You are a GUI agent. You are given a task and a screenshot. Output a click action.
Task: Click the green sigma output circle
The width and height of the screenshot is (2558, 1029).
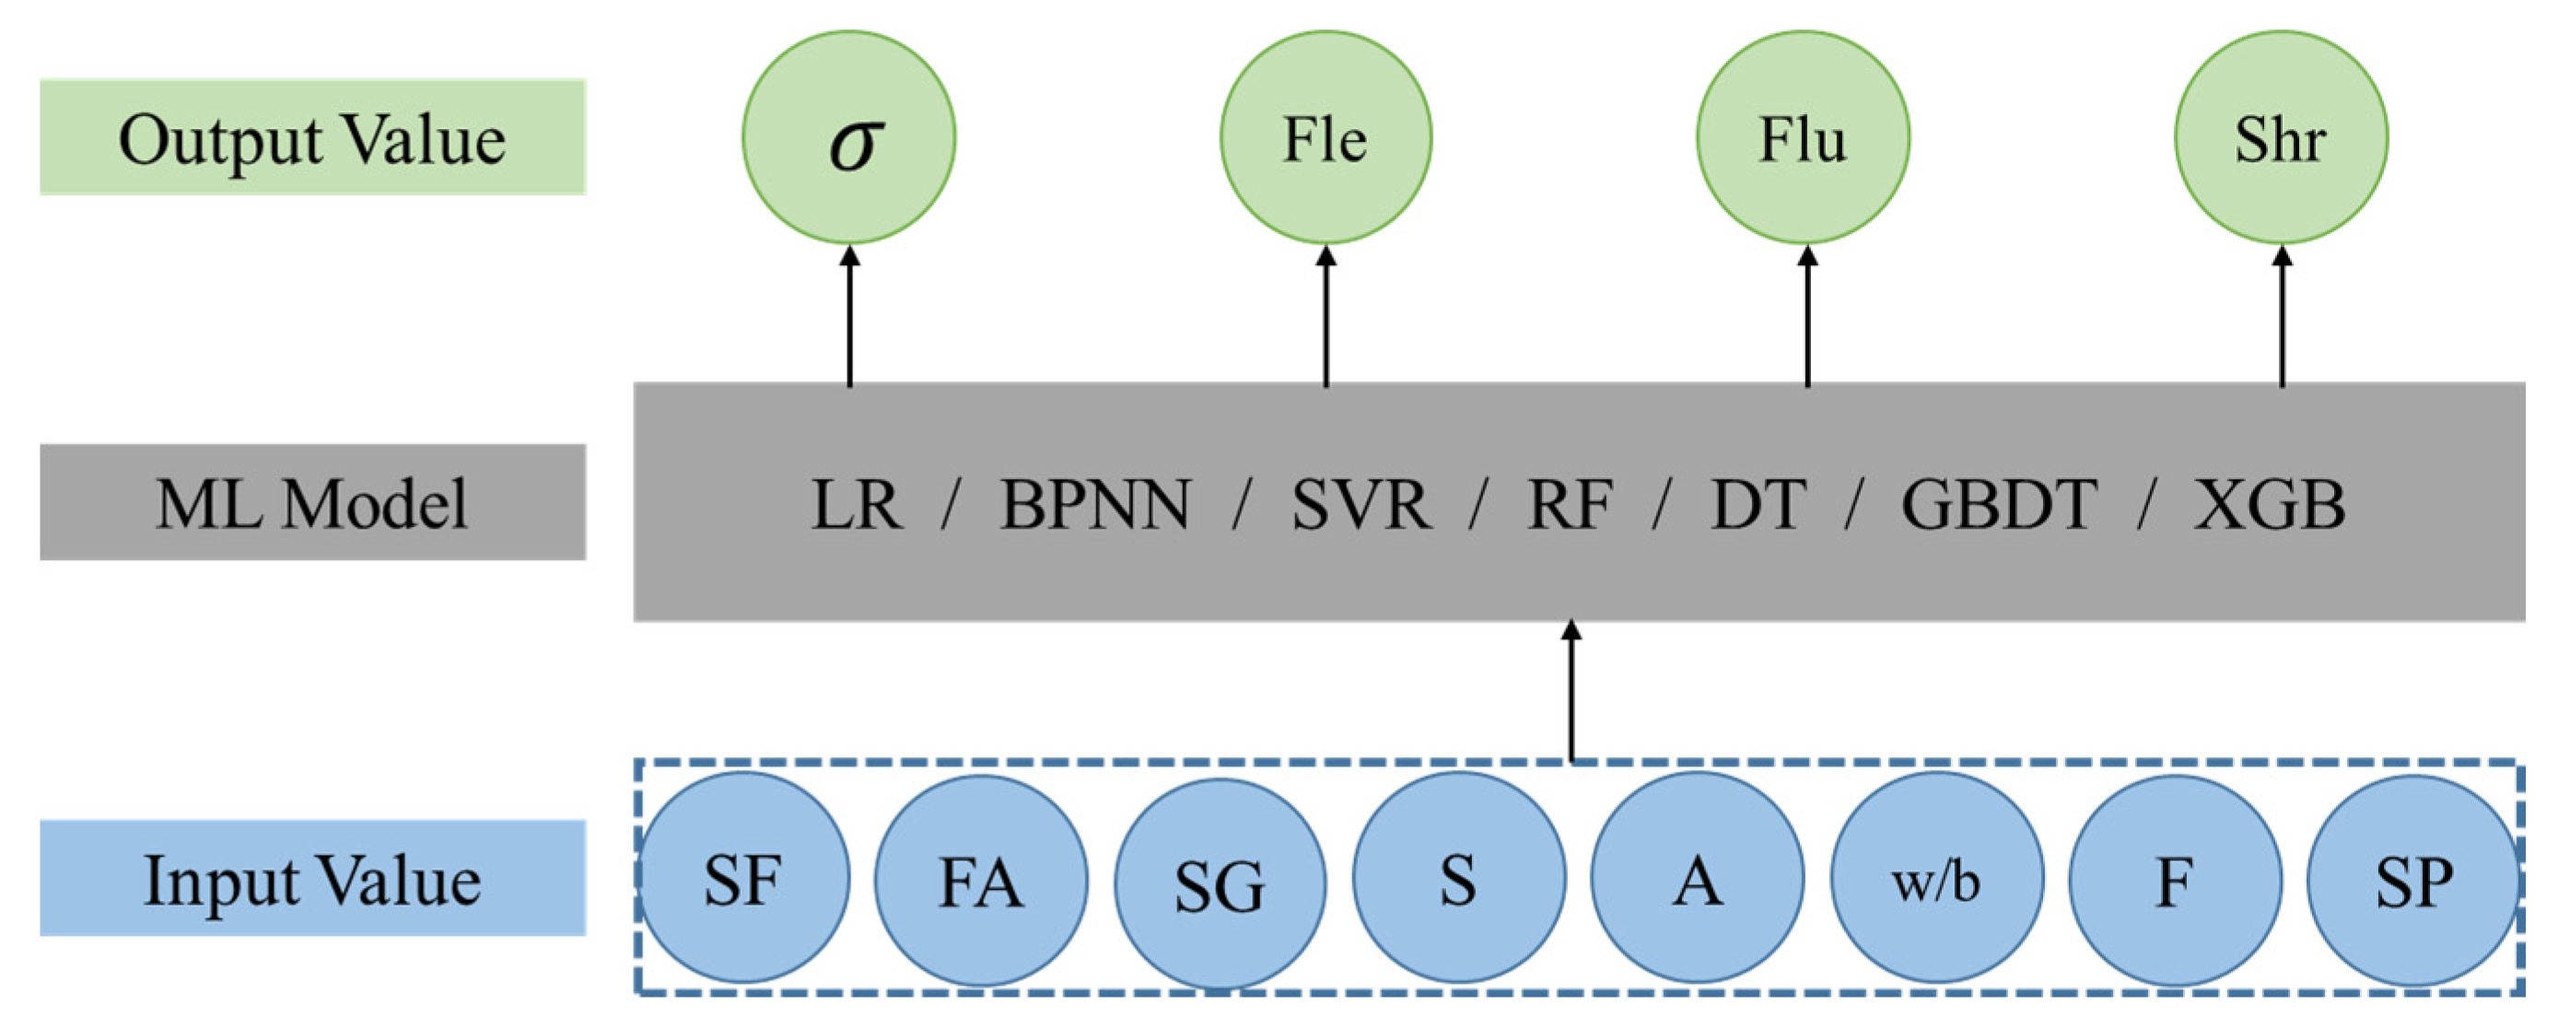(x=849, y=137)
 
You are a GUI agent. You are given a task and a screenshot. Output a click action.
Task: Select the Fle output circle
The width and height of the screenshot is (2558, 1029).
(x=1326, y=137)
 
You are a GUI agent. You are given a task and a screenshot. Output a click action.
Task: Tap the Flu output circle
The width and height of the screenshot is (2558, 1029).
(x=1803, y=137)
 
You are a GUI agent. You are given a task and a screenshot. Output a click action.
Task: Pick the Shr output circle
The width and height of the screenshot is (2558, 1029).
(x=2281, y=137)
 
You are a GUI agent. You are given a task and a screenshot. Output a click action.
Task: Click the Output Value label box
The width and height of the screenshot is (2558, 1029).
(x=313, y=137)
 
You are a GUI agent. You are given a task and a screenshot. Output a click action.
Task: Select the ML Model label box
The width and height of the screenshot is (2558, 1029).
(x=313, y=503)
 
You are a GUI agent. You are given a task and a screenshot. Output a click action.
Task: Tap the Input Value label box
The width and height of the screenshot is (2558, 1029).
(x=313, y=878)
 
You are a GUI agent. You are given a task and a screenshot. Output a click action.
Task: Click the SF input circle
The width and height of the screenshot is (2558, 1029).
(x=742, y=878)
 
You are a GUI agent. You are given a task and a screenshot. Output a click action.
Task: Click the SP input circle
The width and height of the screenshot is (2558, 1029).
(x=2413, y=880)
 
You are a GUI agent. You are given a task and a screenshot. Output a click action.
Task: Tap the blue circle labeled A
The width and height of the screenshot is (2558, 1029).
(x=1697, y=878)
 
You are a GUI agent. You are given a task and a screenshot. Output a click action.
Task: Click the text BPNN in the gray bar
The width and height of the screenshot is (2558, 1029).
(x=1094, y=505)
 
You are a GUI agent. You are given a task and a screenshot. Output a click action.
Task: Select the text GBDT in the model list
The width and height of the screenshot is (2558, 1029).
(x=1998, y=505)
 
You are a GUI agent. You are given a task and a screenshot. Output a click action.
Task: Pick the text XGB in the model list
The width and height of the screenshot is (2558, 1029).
(x=2269, y=505)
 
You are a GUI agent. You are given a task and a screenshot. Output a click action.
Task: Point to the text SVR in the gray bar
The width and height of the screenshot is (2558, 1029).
(x=1361, y=505)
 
